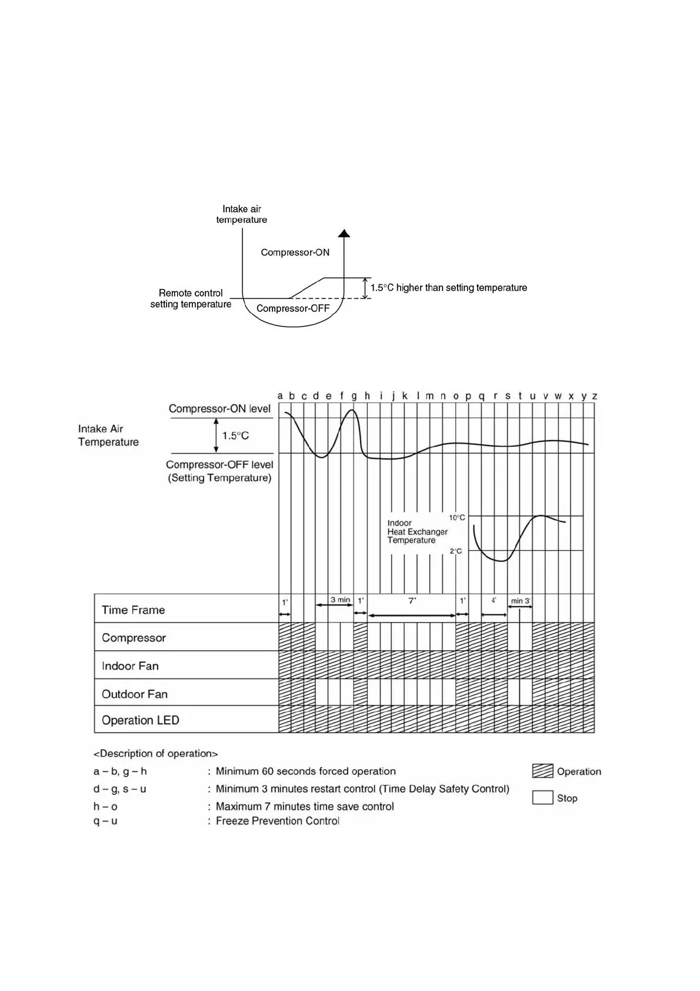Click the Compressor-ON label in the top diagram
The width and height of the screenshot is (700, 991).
295,252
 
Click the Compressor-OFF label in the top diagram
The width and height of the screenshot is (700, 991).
293,308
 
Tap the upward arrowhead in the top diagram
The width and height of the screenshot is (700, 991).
344,233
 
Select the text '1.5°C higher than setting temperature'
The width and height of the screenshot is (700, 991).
448,288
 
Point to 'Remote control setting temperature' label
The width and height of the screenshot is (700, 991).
191,298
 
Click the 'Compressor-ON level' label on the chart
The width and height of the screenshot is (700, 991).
219,408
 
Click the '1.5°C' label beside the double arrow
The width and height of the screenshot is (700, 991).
235,435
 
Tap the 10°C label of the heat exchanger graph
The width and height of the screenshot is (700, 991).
457,518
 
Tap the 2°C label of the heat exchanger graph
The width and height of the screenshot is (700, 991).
456,551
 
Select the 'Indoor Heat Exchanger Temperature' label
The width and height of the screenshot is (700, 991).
417,531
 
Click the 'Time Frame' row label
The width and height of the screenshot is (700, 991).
133,610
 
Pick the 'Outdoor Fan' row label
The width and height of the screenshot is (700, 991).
135,694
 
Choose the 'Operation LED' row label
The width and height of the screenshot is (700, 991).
140,720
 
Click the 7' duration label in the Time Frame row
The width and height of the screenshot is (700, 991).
412,601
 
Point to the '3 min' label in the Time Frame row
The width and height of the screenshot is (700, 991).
340,600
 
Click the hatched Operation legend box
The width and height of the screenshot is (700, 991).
542,771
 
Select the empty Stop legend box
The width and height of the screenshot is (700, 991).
542,797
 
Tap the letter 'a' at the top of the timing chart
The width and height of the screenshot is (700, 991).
280,396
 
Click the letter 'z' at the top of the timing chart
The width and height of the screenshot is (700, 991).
595,396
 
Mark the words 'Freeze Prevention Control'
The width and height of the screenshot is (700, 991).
277,821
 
